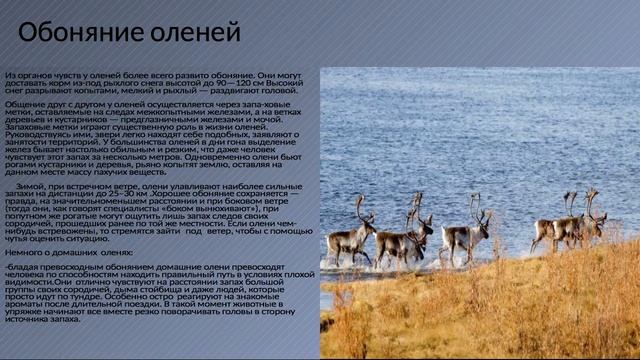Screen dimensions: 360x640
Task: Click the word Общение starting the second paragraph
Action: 26,104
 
